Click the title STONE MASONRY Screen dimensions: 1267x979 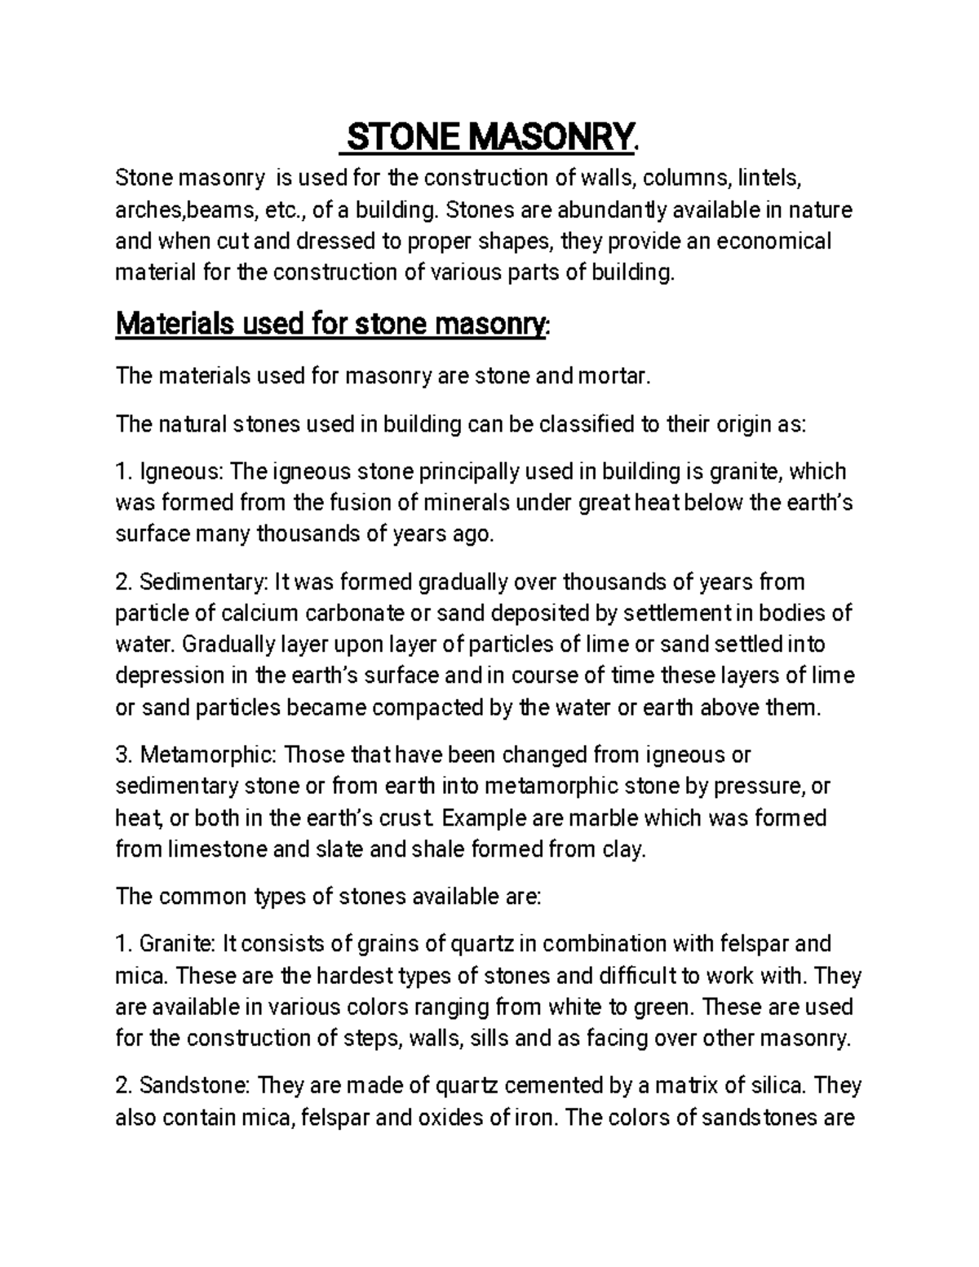(489, 135)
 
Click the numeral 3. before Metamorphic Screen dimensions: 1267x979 (124, 755)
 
